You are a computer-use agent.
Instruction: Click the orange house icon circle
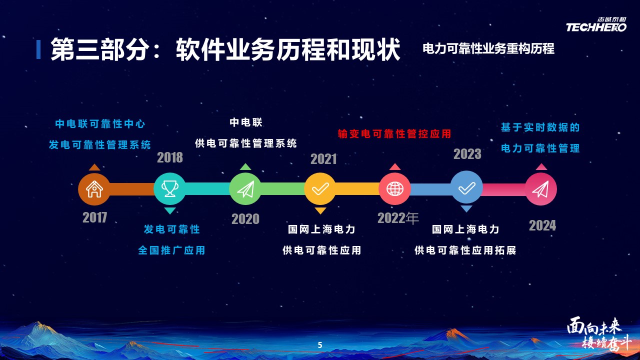pyautogui.click(x=94, y=189)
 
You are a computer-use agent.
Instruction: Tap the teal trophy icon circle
pyautogui.click(x=169, y=188)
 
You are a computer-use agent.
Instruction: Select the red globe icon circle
pyautogui.click(x=395, y=189)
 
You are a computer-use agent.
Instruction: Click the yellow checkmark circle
pyautogui.click(x=320, y=188)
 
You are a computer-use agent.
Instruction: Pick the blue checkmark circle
pyautogui.click(x=466, y=187)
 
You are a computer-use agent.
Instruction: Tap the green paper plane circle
pyautogui.click(x=245, y=189)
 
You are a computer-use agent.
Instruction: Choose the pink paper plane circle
pyautogui.click(x=540, y=189)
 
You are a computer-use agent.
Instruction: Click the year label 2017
pyautogui.click(x=95, y=217)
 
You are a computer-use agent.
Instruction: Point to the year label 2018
pyautogui.click(x=170, y=157)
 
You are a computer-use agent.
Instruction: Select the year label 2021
pyautogui.click(x=323, y=159)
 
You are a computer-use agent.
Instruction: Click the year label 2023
pyautogui.click(x=467, y=154)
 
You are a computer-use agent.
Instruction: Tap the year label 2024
pyautogui.click(x=542, y=225)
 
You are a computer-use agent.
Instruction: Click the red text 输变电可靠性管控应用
pyautogui.click(x=394, y=133)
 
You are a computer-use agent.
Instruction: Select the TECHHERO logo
pyautogui.click(x=596, y=25)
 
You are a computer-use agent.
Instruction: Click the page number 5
pyautogui.click(x=320, y=345)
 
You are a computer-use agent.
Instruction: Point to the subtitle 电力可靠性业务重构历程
pyautogui.click(x=488, y=48)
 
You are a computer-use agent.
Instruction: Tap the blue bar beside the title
pyautogui.click(x=38, y=49)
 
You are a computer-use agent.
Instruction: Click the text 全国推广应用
pyautogui.click(x=171, y=250)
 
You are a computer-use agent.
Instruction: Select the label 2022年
pyautogui.click(x=398, y=218)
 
